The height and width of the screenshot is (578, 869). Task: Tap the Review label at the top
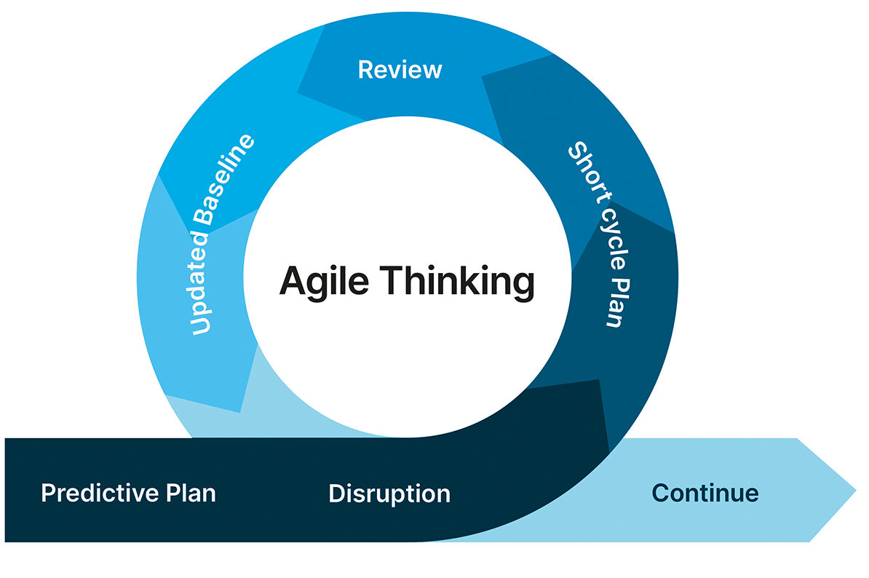tap(400, 70)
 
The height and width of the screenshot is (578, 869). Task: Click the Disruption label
tap(389, 494)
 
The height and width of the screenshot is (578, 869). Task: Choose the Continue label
tap(705, 493)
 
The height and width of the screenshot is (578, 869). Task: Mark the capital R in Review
tap(365, 70)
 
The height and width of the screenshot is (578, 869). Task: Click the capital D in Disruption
tap(336, 494)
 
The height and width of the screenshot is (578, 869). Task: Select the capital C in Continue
tap(660, 493)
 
